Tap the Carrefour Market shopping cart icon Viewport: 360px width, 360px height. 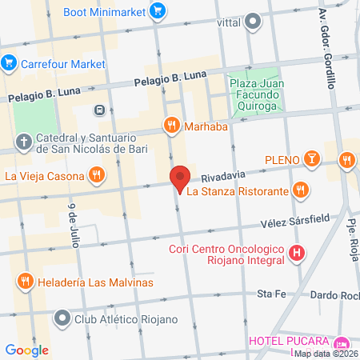[10, 62]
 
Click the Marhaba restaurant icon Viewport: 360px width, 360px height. [171, 125]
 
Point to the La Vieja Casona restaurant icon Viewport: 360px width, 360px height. [96, 174]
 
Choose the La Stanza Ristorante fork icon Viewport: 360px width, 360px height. [301, 190]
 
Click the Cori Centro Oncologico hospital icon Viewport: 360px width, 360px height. [297, 254]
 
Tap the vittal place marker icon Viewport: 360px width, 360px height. [253, 22]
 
